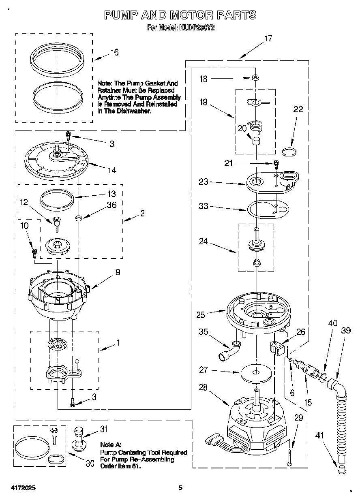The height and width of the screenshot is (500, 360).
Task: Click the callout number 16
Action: point(114,52)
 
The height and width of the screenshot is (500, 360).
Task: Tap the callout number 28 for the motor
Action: point(203,387)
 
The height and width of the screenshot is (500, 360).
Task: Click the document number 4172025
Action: point(20,488)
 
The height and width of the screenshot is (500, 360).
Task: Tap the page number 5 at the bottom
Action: point(181,488)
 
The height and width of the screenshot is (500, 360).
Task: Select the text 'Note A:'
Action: point(111,444)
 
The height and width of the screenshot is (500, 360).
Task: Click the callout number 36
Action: point(111,205)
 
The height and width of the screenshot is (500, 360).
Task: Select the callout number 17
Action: point(268,38)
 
